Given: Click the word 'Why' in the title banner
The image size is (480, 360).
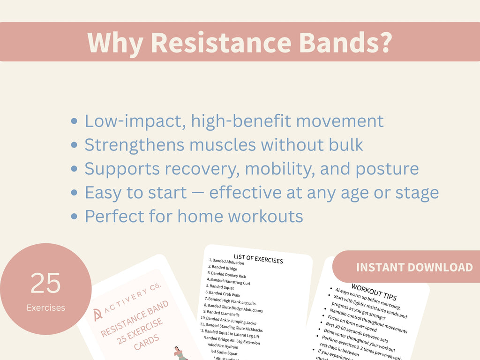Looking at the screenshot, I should [x=115, y=43].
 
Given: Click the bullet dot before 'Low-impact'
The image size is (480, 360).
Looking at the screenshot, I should [x=74, y=121].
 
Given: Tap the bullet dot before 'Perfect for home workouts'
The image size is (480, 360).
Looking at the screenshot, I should [x=74, y=217].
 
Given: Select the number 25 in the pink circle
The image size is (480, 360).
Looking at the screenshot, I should [x=45, y=282].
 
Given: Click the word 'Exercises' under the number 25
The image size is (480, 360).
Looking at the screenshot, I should [x=45, y=308].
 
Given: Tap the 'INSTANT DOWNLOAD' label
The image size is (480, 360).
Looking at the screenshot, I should [x=414, y=267].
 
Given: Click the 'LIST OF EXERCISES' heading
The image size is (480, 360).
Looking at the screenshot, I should [x=258, y=258].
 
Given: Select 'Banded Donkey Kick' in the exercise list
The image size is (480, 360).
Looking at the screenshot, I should [x=228, y=275].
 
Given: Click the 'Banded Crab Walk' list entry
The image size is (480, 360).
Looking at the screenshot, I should [x=224, y=294].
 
